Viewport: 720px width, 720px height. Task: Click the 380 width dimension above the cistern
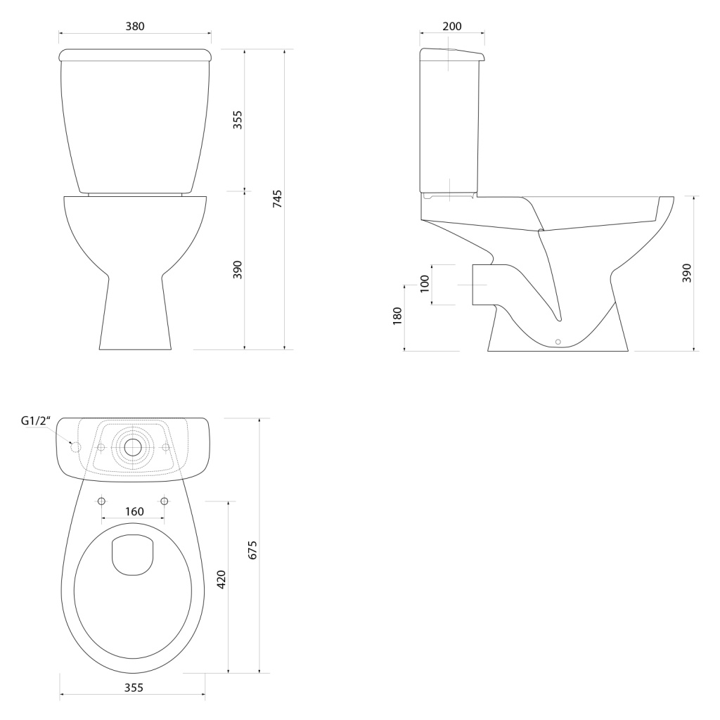(135, 27)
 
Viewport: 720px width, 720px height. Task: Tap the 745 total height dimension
(277, 199)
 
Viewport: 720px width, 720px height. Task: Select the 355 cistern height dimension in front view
(237, 120)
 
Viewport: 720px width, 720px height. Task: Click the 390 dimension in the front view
(237, 270)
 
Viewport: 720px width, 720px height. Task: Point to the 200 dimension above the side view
(452, 27)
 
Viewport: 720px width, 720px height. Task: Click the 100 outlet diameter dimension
(424, 284)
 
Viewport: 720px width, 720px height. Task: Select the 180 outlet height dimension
(397, 316)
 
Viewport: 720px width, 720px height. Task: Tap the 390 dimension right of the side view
(686, 274)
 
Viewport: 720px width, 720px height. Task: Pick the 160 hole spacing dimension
(134, 512)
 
